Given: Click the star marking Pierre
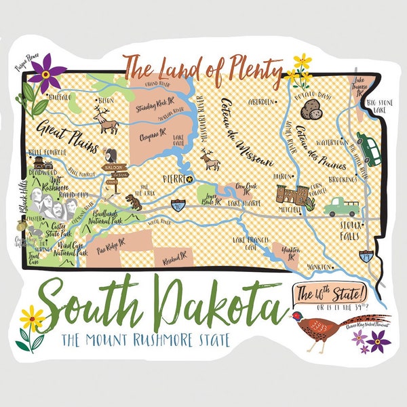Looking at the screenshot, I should coord(190,179).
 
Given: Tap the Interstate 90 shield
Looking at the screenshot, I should coord(179,204).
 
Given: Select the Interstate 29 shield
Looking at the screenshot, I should coord(367,256).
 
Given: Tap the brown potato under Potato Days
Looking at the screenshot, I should coord(312,111).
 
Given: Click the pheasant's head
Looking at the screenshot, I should coord(296,317).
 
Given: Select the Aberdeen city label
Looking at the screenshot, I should coord(260,102).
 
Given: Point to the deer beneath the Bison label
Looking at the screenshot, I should coord(105,123).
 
